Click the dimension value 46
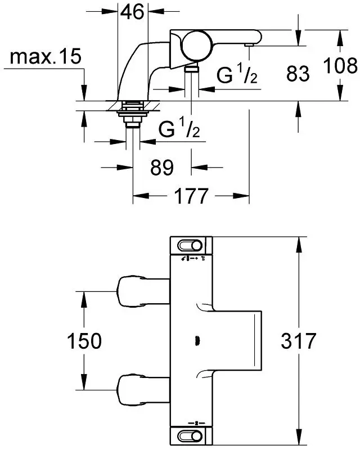(132, 12)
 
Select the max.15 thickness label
(46, 57)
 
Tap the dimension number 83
(298, 74)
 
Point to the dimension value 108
(340, 66)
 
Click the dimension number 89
(162, 168)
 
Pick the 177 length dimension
(191, 196)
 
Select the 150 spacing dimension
(84, 341)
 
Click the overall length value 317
(298, 341)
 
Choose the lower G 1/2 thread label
(179, 128)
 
